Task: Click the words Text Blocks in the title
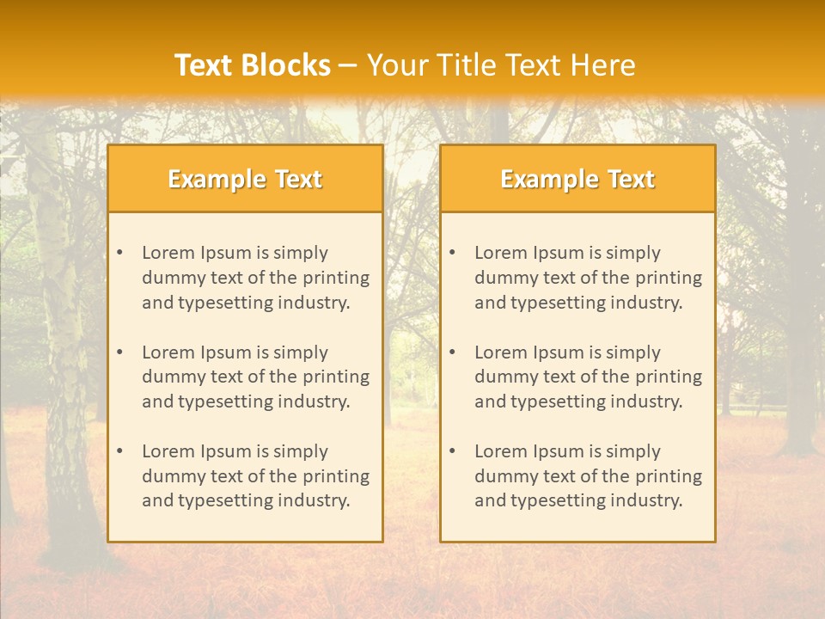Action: [x=252, y=65]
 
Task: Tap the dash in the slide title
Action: [x=348, y=66]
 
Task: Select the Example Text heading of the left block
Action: [x=245, y=179]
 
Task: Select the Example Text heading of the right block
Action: [x=577, y=179]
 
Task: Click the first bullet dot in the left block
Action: [x=119, y=253]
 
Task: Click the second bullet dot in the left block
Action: [x=119, y=352]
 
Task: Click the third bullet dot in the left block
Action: [x=119, y=451]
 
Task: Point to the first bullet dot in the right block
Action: [x=452, y=253]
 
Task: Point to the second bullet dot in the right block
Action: [x=452, y=352]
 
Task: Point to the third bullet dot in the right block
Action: [x=452, y=451]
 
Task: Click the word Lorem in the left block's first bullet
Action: [x=168, y=253]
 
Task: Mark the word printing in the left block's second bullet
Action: [x=335, y=377]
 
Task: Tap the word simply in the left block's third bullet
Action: [x=301, y=451]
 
